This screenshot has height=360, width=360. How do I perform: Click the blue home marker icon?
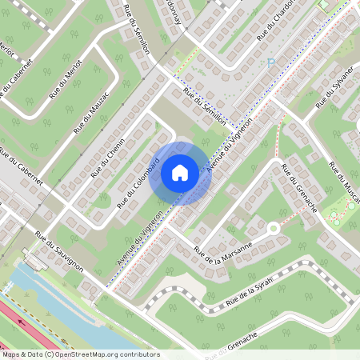(x=180, y=172)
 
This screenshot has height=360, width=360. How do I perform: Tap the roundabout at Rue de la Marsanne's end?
(x=274, y=229)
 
